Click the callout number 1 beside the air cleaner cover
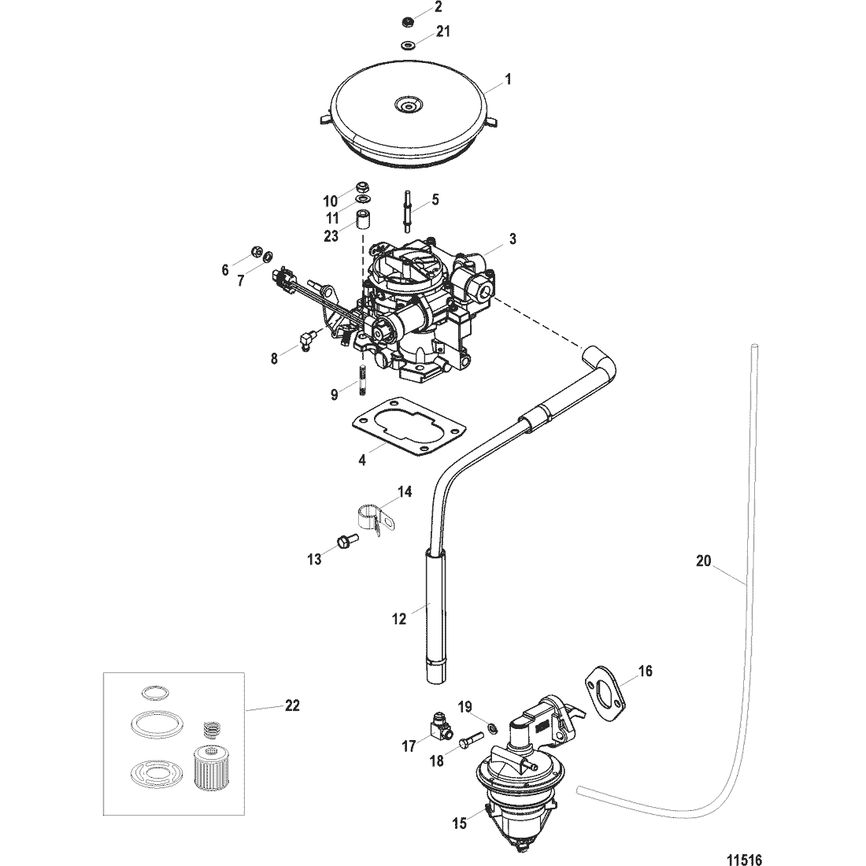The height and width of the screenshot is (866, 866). tap(508, 80)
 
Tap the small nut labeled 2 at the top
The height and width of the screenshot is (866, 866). tap(409, 21)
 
